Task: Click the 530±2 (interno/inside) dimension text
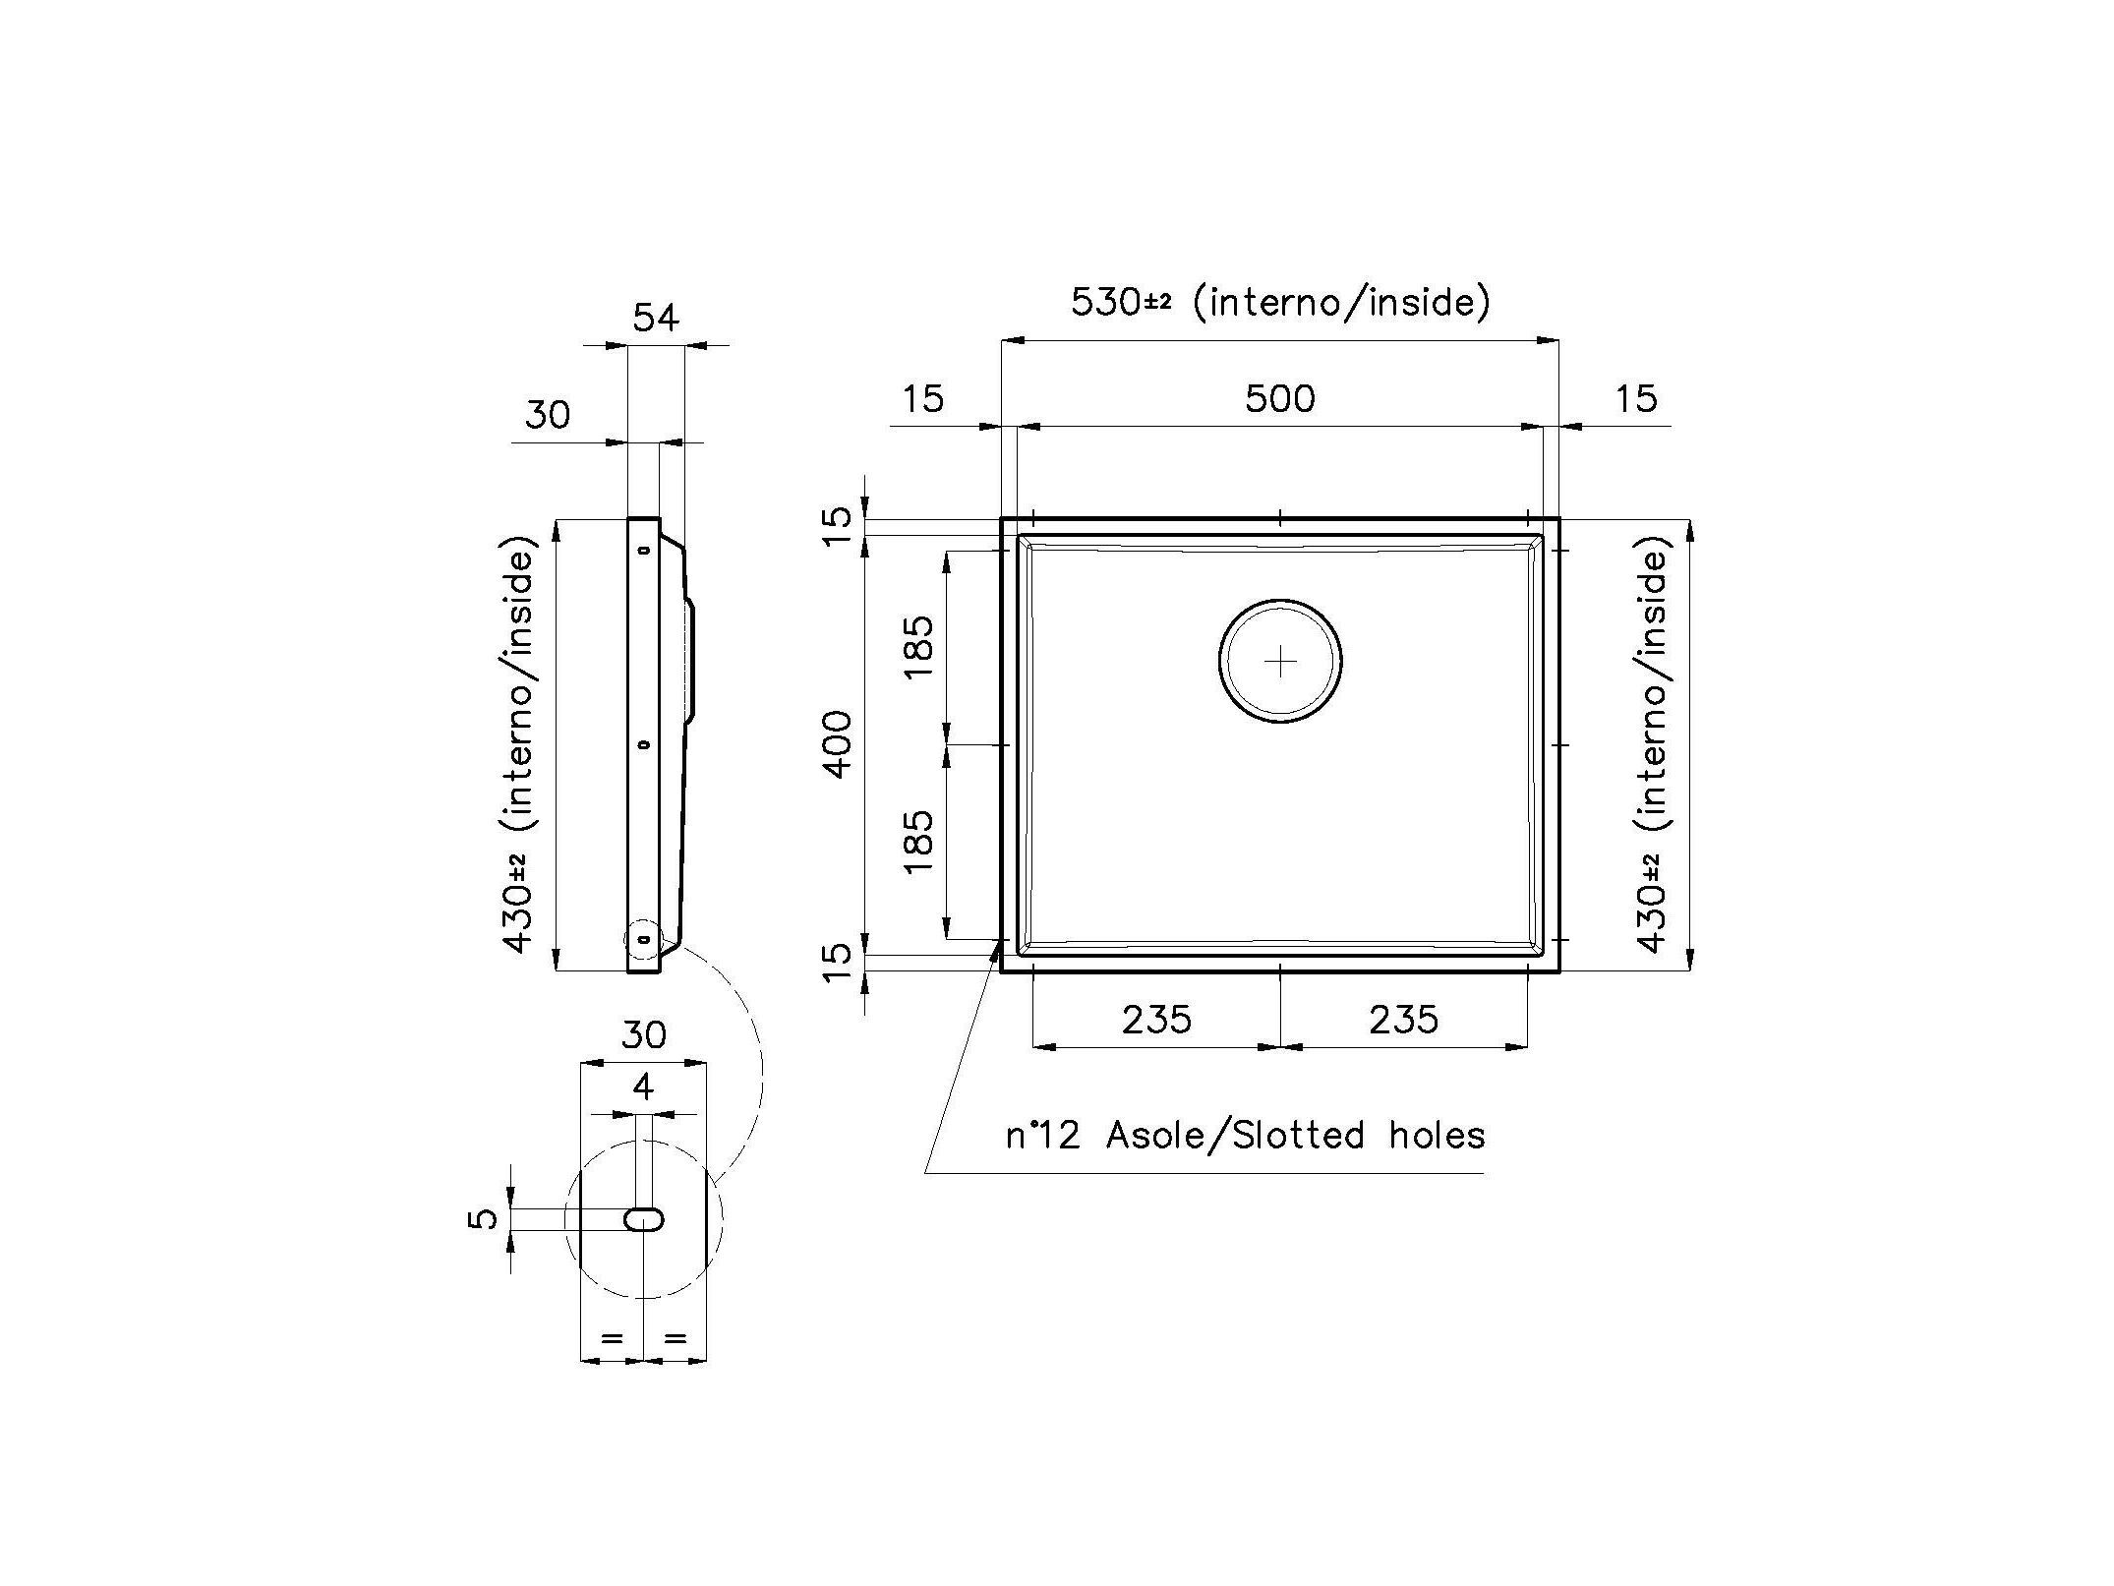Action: pos(1279,301)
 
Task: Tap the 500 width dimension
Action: pos(1279,399)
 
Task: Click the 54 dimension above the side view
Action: pos(656,318)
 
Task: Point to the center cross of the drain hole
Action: pos(1280,662)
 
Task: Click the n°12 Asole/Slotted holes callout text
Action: pos(1245,1136)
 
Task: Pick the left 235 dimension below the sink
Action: pos(1156,1020)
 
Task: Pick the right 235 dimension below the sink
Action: pos(1403,1020)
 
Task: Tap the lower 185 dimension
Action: pos(918,842)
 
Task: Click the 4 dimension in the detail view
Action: pos(643,1087)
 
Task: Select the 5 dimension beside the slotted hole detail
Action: pos(483,1219)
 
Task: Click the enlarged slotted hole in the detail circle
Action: pos(644,1220)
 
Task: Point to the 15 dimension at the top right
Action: pos(1635,399)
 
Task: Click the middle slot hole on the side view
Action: pos(643,744)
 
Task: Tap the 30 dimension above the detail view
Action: pos(644,1034)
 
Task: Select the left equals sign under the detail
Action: pos(612,1337)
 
